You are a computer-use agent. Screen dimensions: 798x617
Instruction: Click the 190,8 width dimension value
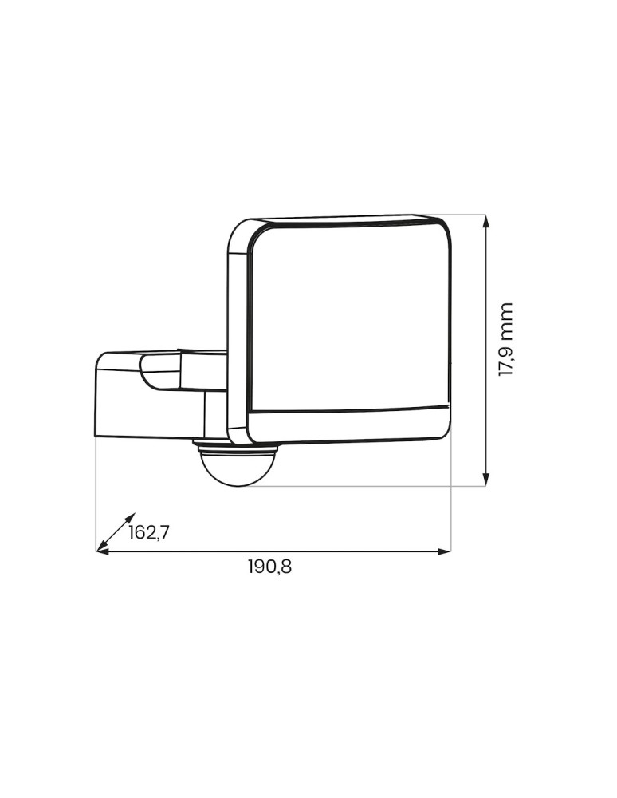269,567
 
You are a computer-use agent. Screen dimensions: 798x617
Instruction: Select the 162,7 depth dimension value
149,532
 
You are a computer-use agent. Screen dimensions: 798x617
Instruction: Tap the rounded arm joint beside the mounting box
159,373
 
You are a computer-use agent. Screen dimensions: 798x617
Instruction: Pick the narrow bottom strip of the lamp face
347,424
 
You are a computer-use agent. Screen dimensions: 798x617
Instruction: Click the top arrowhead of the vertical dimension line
486,220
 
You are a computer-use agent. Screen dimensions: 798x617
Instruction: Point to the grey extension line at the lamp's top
462,215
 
